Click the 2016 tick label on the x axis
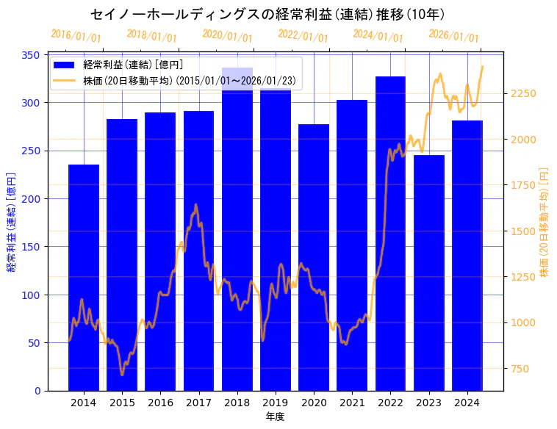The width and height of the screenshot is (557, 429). coord(160,403)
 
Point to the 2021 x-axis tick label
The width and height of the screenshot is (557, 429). coord(352,403)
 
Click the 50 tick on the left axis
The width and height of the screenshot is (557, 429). coord(35,343)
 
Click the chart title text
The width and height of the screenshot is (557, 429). coord(267,15)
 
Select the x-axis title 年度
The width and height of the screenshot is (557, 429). coord(275,417)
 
